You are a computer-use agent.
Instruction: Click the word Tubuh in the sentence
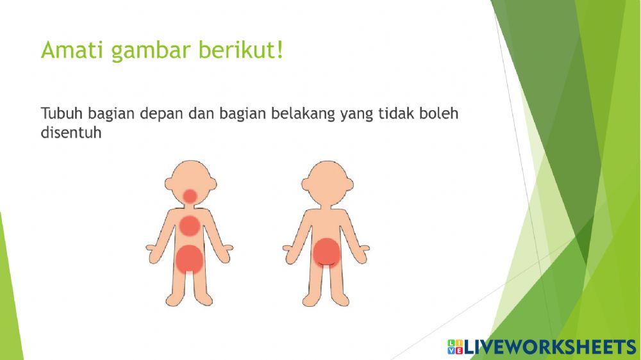pos(62,114)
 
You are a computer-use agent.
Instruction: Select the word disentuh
pos(72,134)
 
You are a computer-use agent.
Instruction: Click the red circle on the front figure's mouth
pos(190,195)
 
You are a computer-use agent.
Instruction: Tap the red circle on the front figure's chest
pos(190,225)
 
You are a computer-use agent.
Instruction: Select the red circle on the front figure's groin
pos(190,259)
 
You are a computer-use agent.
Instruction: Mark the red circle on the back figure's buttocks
pos(326,252)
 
